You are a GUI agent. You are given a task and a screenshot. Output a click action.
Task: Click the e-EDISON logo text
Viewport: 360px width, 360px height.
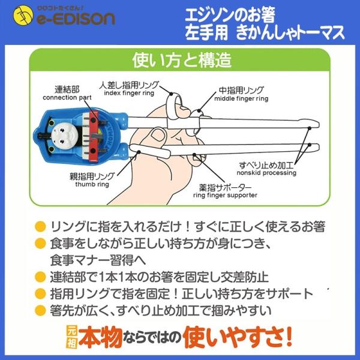(75, 20)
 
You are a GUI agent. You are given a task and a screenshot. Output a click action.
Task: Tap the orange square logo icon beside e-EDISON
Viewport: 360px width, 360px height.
(17, 18)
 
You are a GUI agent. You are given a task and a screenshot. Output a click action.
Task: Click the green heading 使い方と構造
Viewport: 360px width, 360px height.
(181, 61)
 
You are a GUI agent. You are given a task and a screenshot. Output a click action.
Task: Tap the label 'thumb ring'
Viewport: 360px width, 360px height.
(91, 183)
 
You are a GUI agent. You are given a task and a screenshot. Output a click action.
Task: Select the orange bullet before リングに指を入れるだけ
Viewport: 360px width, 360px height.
(40, 227)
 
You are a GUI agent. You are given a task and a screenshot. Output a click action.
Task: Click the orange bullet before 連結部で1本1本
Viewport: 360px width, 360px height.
(40, 277)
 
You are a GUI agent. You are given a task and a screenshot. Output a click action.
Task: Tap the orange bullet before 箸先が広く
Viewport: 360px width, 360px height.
(40, 311)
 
